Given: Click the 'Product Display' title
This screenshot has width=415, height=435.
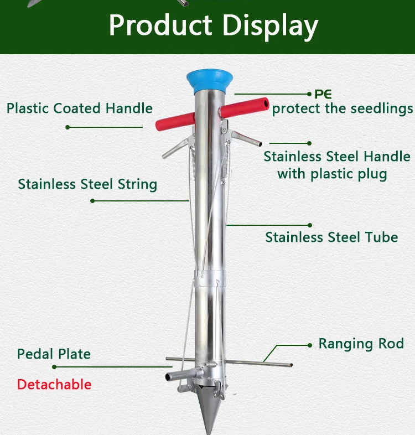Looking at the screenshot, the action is [x=213, y=25].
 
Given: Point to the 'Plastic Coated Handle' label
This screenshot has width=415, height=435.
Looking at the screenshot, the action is [x=80, y=108].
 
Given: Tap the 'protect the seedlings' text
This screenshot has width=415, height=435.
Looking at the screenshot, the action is [x=342, y=108].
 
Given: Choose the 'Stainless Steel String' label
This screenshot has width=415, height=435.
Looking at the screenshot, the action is [x=87, y=184].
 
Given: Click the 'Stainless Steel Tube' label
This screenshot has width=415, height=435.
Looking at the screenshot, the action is [x=331, y=237].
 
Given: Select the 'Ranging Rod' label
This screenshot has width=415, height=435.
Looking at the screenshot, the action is [x=361, y=344].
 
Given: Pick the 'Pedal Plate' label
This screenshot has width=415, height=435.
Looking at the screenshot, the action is [x=54, y=354].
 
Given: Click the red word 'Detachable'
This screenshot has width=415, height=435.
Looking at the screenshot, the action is [x=54, y=384].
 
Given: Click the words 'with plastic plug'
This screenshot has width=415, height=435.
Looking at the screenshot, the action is [x=332, y=174].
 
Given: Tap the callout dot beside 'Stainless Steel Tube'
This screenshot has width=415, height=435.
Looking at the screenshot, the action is [x=310, y=225].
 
